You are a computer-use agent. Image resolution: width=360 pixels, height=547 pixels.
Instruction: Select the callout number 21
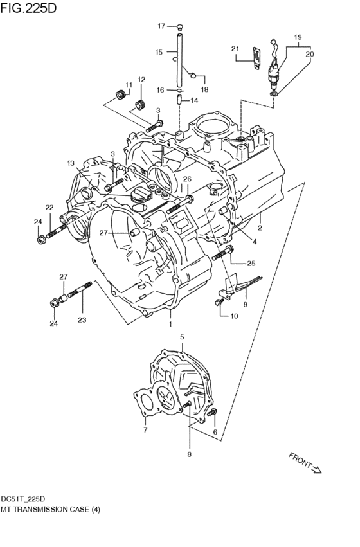[x=235, y=49]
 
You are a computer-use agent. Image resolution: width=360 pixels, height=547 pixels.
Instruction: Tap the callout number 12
[x=141, y=80]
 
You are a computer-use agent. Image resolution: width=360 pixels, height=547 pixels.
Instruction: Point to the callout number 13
[x=71, y=163]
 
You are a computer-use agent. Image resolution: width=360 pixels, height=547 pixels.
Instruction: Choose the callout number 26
[x=187, y=179]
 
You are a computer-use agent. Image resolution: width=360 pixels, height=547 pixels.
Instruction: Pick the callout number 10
[x=233, y=316]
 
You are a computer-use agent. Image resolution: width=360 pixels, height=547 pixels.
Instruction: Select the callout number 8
[x=190, y=455]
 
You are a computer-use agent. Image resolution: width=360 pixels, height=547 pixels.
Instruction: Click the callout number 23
[x=81, y=319]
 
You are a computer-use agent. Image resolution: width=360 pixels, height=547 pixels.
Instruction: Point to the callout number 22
[x=49, y=207]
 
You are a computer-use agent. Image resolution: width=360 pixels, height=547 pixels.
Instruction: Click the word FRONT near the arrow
[x=299, y=460]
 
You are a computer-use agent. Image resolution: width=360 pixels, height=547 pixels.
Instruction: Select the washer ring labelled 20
[x=274, y=94]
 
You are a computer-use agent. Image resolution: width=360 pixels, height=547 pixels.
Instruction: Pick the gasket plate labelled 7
[x=146, y=404]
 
